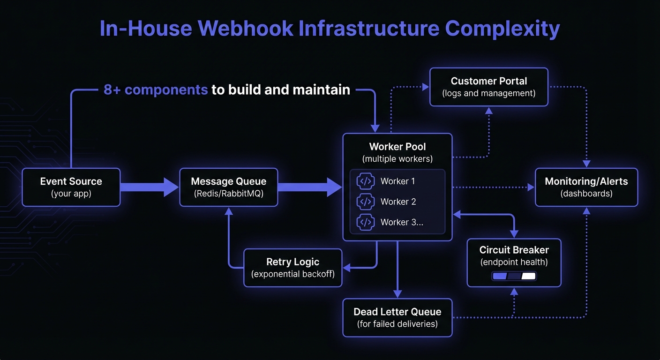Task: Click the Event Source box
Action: pyautogui.click(x=71, y=187)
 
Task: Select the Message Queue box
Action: pyautogui.click(x=229, y=187)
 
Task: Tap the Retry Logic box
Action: pyautogui.click(x=293, y=268)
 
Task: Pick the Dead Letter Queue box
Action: pyautogui.click(x=397, y=317)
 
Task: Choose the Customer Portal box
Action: pyautogui.click(x=489, y=87)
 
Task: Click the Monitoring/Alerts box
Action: pyautogui.click(x=586, y=187)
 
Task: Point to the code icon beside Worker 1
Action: pyautogui.click(x=366, y=181)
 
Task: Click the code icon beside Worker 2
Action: pyautogui.click(x=366, y=202)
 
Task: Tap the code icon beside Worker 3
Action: pyautogui.click(x=366, y=222)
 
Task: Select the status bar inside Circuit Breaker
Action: pyautogui.click(x=514, y=276)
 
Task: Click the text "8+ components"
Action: pyautogui.click(x=156, y=90)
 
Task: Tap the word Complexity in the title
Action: pyautogui.click(x=502, y=29)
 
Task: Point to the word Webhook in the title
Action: pyautogui.click(x=245, y=29)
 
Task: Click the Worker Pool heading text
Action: pyautogui.click(x=397, y=147)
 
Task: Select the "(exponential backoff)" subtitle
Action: pyautogui.click(x=293, y=274)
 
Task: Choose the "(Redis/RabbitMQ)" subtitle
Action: pyautogui.click(x=229, y=193)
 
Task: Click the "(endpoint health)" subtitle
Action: pyautogui.click(x=514, y=262)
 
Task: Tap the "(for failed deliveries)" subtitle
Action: pyautogui.click(x=397, y=323)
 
